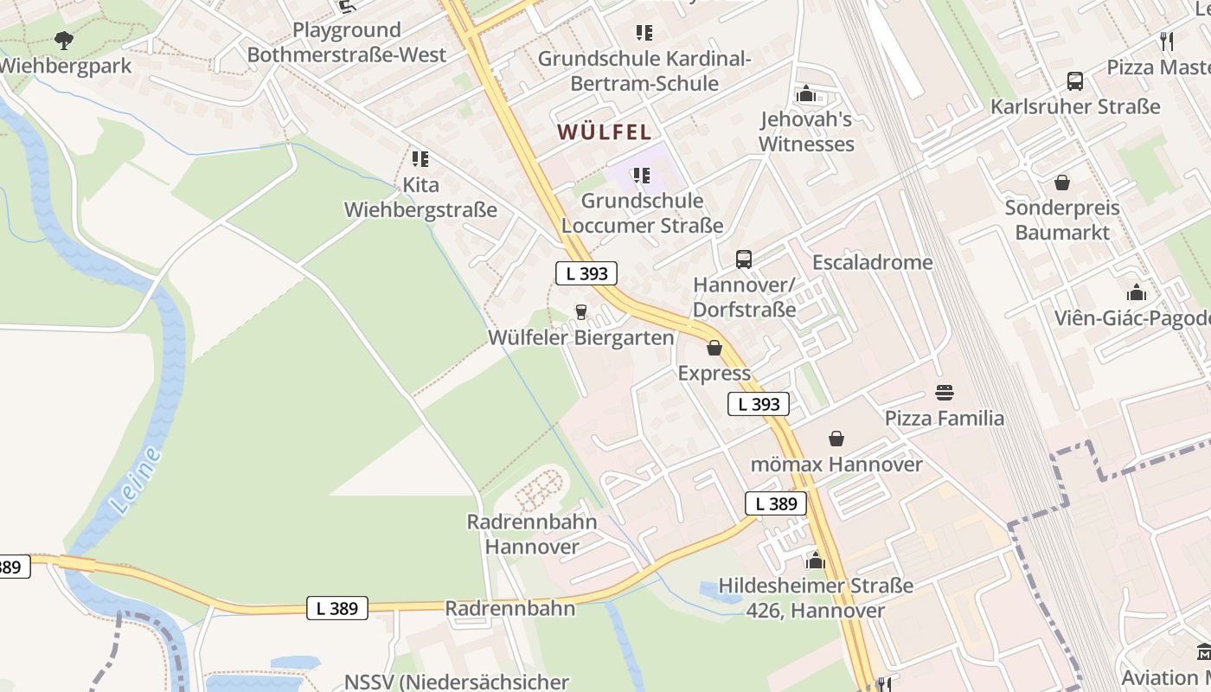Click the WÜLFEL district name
click(604, 132)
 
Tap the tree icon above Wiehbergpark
click(63, 40)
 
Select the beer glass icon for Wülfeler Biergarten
click(581, 311)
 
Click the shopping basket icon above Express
click(714, 348)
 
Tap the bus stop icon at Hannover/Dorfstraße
click(744, 259)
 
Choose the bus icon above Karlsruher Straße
click(1075, 81)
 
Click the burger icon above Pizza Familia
click(945, 393)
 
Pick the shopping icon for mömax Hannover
click(836, 439)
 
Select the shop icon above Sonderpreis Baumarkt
click(1062, 183)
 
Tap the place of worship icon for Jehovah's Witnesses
click(806, 93)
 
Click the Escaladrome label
click(872, 262)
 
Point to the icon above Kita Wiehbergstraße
click(420, 159)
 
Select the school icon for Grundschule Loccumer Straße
click(642, 176)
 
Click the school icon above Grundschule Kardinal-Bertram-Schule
click(644, 33)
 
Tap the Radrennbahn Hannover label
click(532, 534)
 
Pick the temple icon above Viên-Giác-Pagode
click(1137, 292)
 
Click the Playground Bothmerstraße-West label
click(347, 42)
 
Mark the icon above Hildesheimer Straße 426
click(815, 561)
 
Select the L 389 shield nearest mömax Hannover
click(776, 503)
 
